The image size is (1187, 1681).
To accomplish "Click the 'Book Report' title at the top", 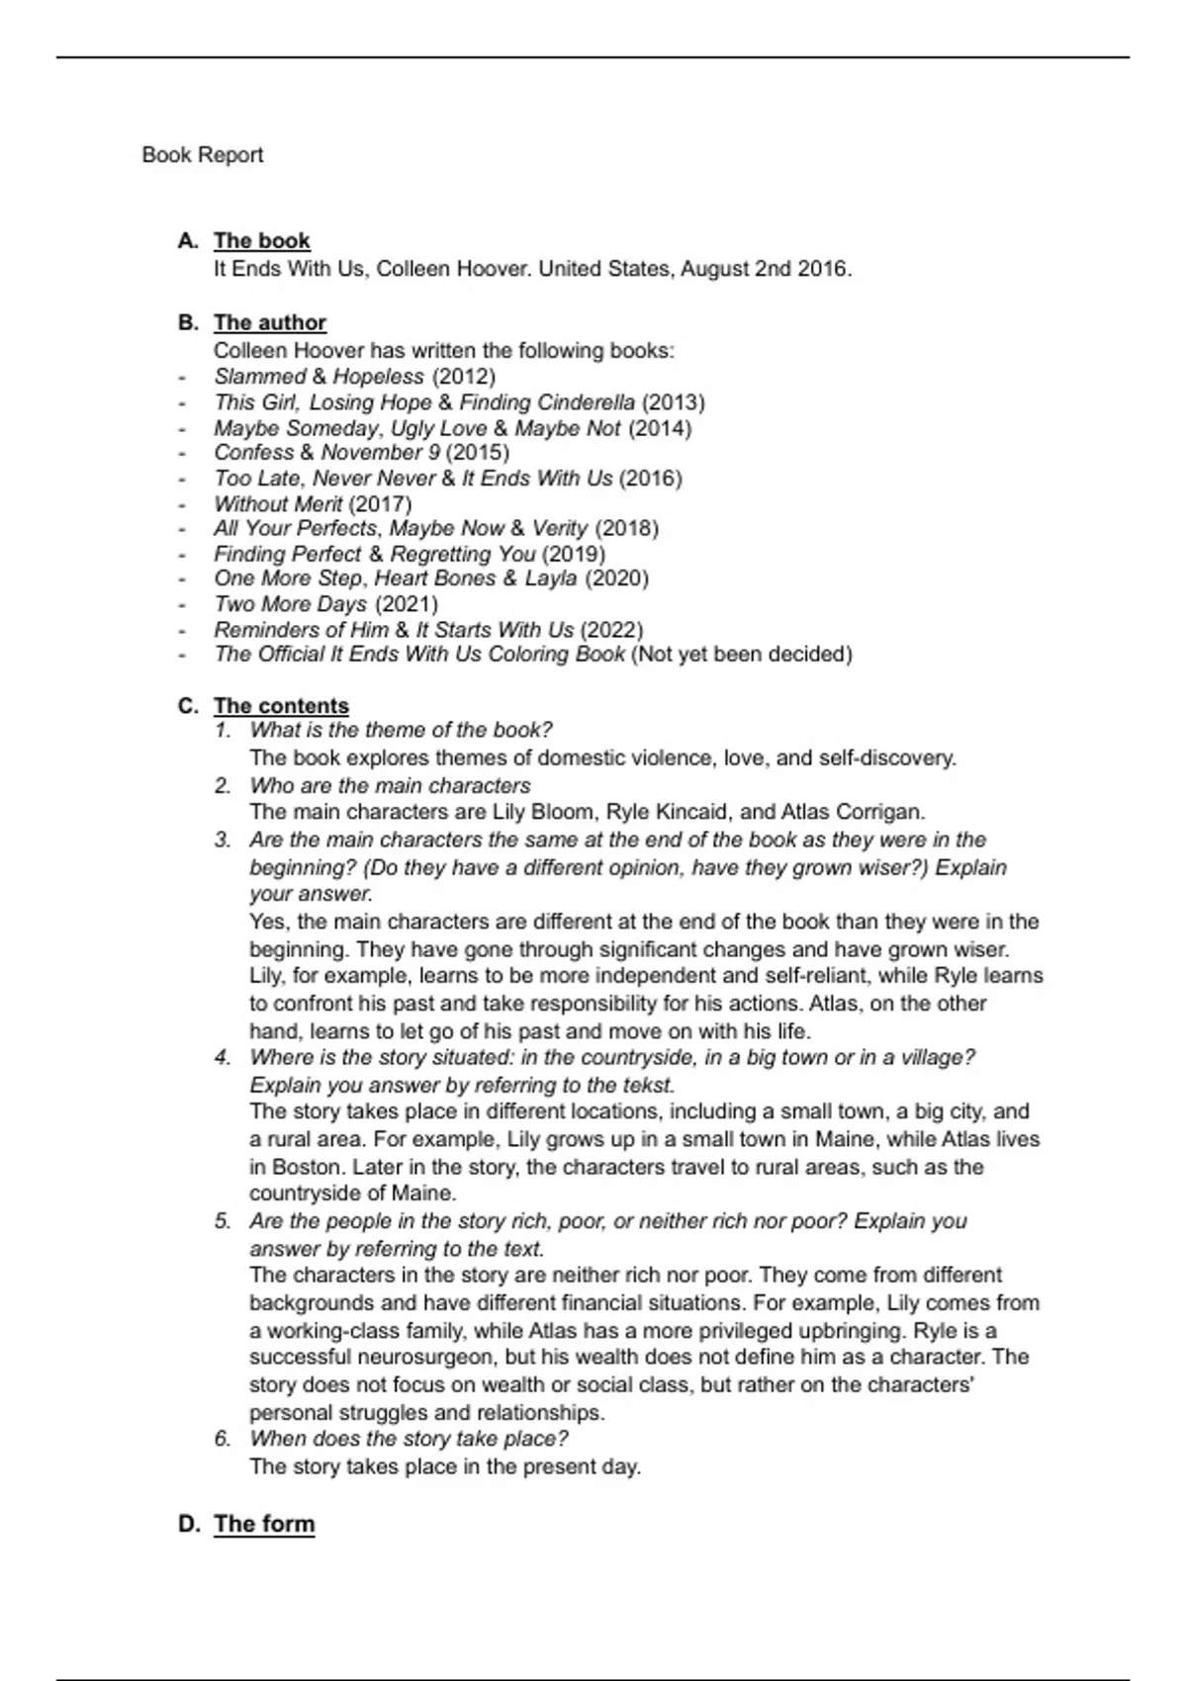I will (x=202, y=155).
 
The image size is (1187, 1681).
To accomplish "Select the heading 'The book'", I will (x=261, y=241).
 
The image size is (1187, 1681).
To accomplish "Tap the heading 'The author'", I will (x=269, y=323).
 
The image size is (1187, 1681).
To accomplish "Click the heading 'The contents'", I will (x=281, y=706).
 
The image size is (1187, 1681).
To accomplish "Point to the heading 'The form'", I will (x=264, y=1524).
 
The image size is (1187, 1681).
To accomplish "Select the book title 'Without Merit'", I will (x=278, y=504).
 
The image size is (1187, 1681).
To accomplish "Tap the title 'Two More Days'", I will (x=290, y=604).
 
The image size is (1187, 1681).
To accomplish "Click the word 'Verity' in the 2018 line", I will (x=560, y=529).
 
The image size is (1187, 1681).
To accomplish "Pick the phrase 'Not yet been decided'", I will (x=741, y=655).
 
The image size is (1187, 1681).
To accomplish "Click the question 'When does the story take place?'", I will (x=409, y=1439).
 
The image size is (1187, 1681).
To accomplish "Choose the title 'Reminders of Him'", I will (x=301, y=630).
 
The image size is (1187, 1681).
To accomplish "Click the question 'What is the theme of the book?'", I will (x=401, y=731).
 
